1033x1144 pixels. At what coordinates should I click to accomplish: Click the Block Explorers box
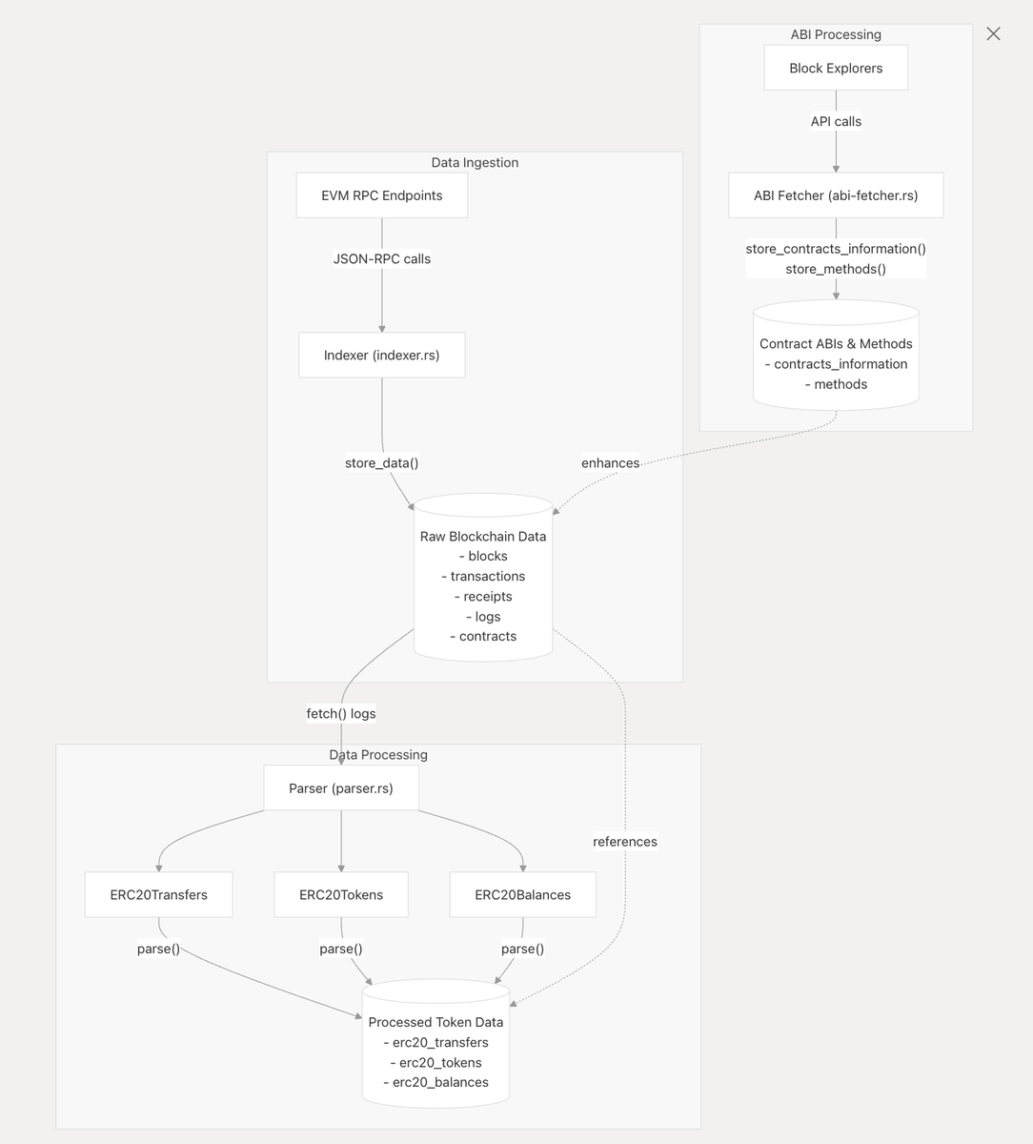point(836,69)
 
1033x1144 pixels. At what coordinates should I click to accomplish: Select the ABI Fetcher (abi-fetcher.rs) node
point(836,195)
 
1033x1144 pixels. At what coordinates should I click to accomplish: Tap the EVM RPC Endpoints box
point(382,195)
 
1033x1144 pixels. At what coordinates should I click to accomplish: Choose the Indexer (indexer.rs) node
point(382,356)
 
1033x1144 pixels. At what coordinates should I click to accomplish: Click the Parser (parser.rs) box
point(341,788)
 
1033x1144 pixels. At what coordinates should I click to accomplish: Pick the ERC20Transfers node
point(158,895)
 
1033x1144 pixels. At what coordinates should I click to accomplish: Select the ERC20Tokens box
point(341,895)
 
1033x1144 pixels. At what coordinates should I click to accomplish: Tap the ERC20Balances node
point(523,895)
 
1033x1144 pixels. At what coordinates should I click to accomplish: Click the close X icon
point(993,34)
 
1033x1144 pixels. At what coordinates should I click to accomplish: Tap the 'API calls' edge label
point(836,122)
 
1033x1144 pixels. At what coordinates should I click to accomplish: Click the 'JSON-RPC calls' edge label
point(382,259)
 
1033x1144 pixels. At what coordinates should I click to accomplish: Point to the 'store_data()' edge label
point(382,463)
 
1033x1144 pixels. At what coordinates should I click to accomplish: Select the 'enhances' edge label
point(611,463)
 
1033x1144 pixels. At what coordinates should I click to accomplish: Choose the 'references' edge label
point(625,842)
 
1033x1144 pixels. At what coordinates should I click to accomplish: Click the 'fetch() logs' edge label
point(341,714)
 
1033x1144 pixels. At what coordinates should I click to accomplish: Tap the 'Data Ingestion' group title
point(475,163)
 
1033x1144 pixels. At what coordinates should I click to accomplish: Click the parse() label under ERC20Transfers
point(158,950)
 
